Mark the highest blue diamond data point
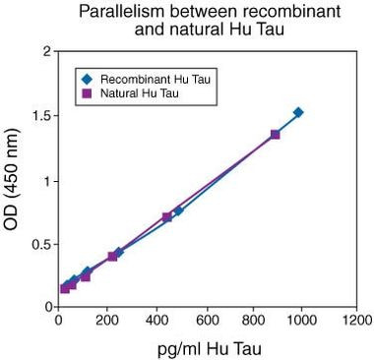coord(298,112)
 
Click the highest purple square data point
coord(275,134)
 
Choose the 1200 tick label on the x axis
coord(357,320)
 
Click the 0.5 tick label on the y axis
coord(40,243)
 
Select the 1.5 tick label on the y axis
coord(40,115)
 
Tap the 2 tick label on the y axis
coord(46,51)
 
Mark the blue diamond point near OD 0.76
coord(178,210)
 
